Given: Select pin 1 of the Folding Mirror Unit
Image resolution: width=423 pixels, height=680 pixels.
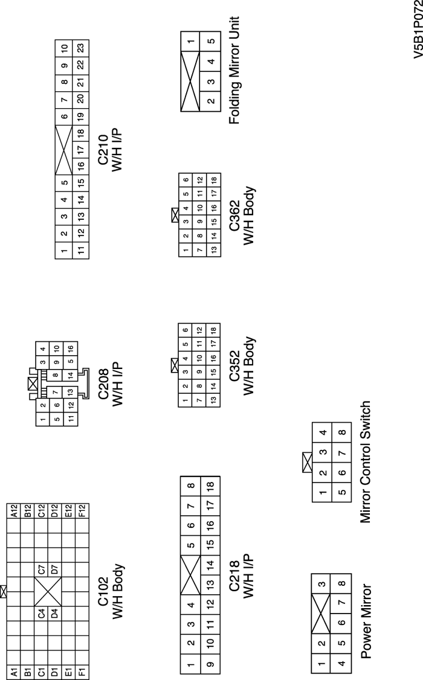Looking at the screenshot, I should [x=191, y=41].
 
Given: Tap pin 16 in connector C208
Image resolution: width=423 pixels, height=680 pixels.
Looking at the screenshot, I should [x=71, y=349].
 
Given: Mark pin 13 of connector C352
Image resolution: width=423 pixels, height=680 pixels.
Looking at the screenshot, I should [x=213, y=400].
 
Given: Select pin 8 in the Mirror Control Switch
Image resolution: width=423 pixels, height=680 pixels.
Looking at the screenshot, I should [x=341, y=432].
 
